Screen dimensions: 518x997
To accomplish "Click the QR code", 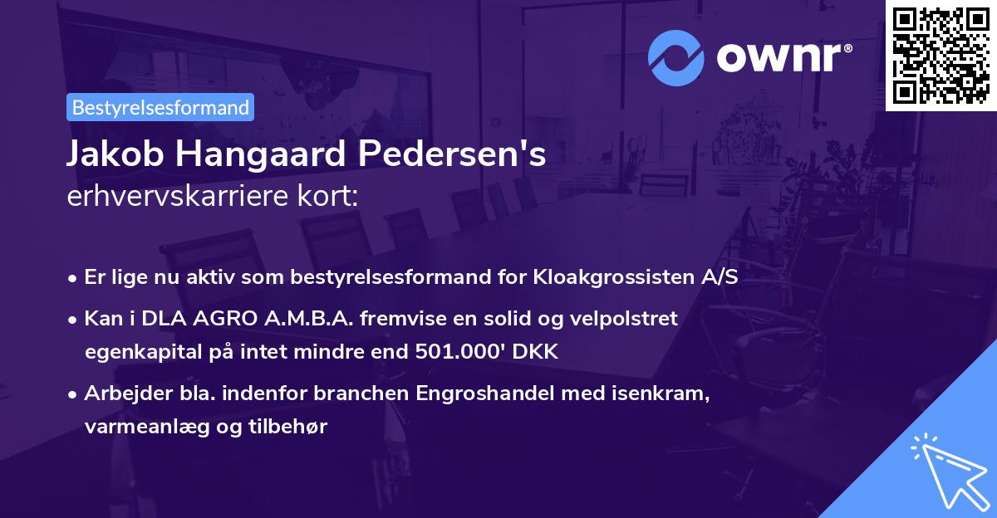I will [941, 55].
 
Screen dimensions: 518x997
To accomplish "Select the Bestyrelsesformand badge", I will [160, 107].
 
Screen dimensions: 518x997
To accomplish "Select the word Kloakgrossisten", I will [615, 277].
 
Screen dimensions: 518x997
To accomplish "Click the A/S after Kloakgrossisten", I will [720, 277].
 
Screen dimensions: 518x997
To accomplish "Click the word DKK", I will [536, 352].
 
